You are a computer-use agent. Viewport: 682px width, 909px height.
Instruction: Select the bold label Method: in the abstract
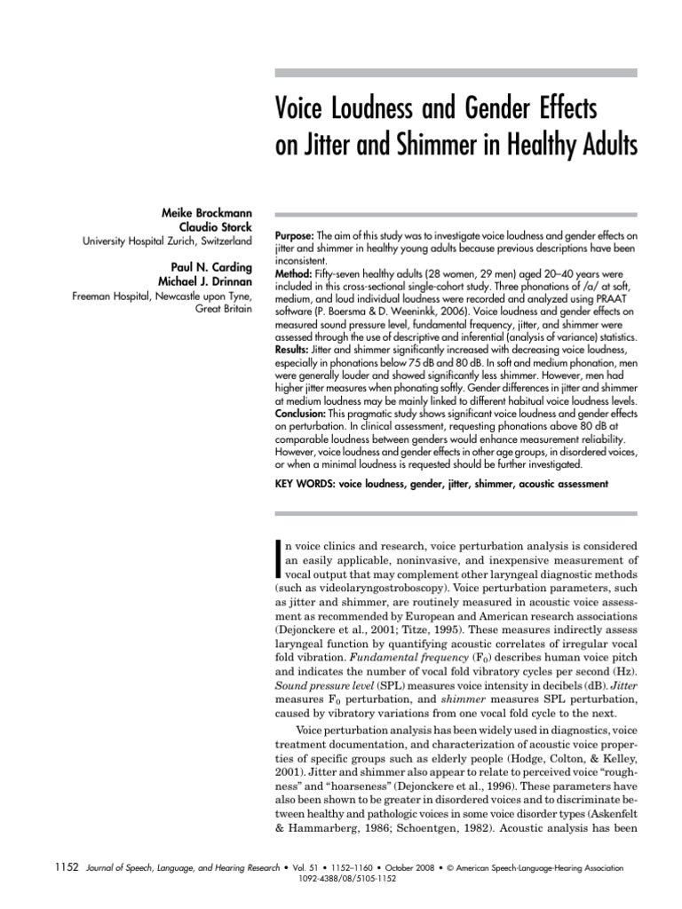point(294,274)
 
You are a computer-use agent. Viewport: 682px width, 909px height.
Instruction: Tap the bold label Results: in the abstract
point(294,352)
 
